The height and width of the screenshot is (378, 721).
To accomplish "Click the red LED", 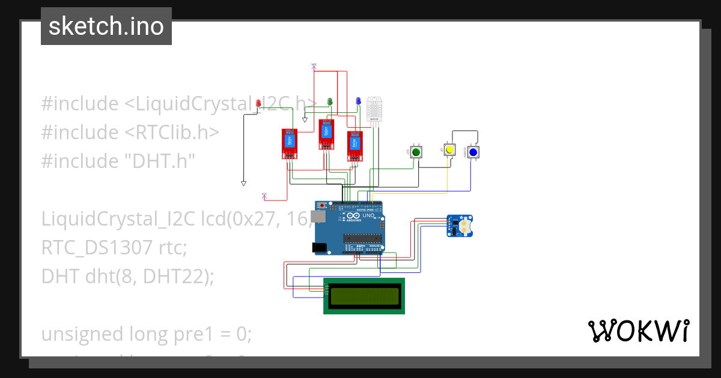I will pos(258,103).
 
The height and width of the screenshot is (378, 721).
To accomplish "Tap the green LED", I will pos(329,101).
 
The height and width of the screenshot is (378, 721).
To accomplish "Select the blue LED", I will pos(358,101).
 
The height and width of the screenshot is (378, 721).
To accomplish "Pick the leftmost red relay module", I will pos(290,144).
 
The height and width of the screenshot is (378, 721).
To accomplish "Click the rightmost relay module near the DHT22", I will pos(355,146).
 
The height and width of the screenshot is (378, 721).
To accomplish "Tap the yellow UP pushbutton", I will pos(449,149).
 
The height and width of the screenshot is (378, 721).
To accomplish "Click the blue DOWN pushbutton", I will pos(473,152).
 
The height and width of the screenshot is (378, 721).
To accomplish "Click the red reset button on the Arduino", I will pos(323,206).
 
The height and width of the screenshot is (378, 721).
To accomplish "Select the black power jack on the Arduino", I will pos(319,247).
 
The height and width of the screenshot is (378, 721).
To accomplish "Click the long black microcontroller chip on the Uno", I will pos(363,238).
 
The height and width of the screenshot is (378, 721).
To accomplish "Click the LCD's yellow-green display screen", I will pos(364,296).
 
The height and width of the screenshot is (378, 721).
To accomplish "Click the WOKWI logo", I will pos(639,331).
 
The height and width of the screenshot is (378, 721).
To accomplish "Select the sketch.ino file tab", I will pos(106,26).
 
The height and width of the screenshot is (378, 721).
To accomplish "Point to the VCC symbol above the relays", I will pos(314,65).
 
